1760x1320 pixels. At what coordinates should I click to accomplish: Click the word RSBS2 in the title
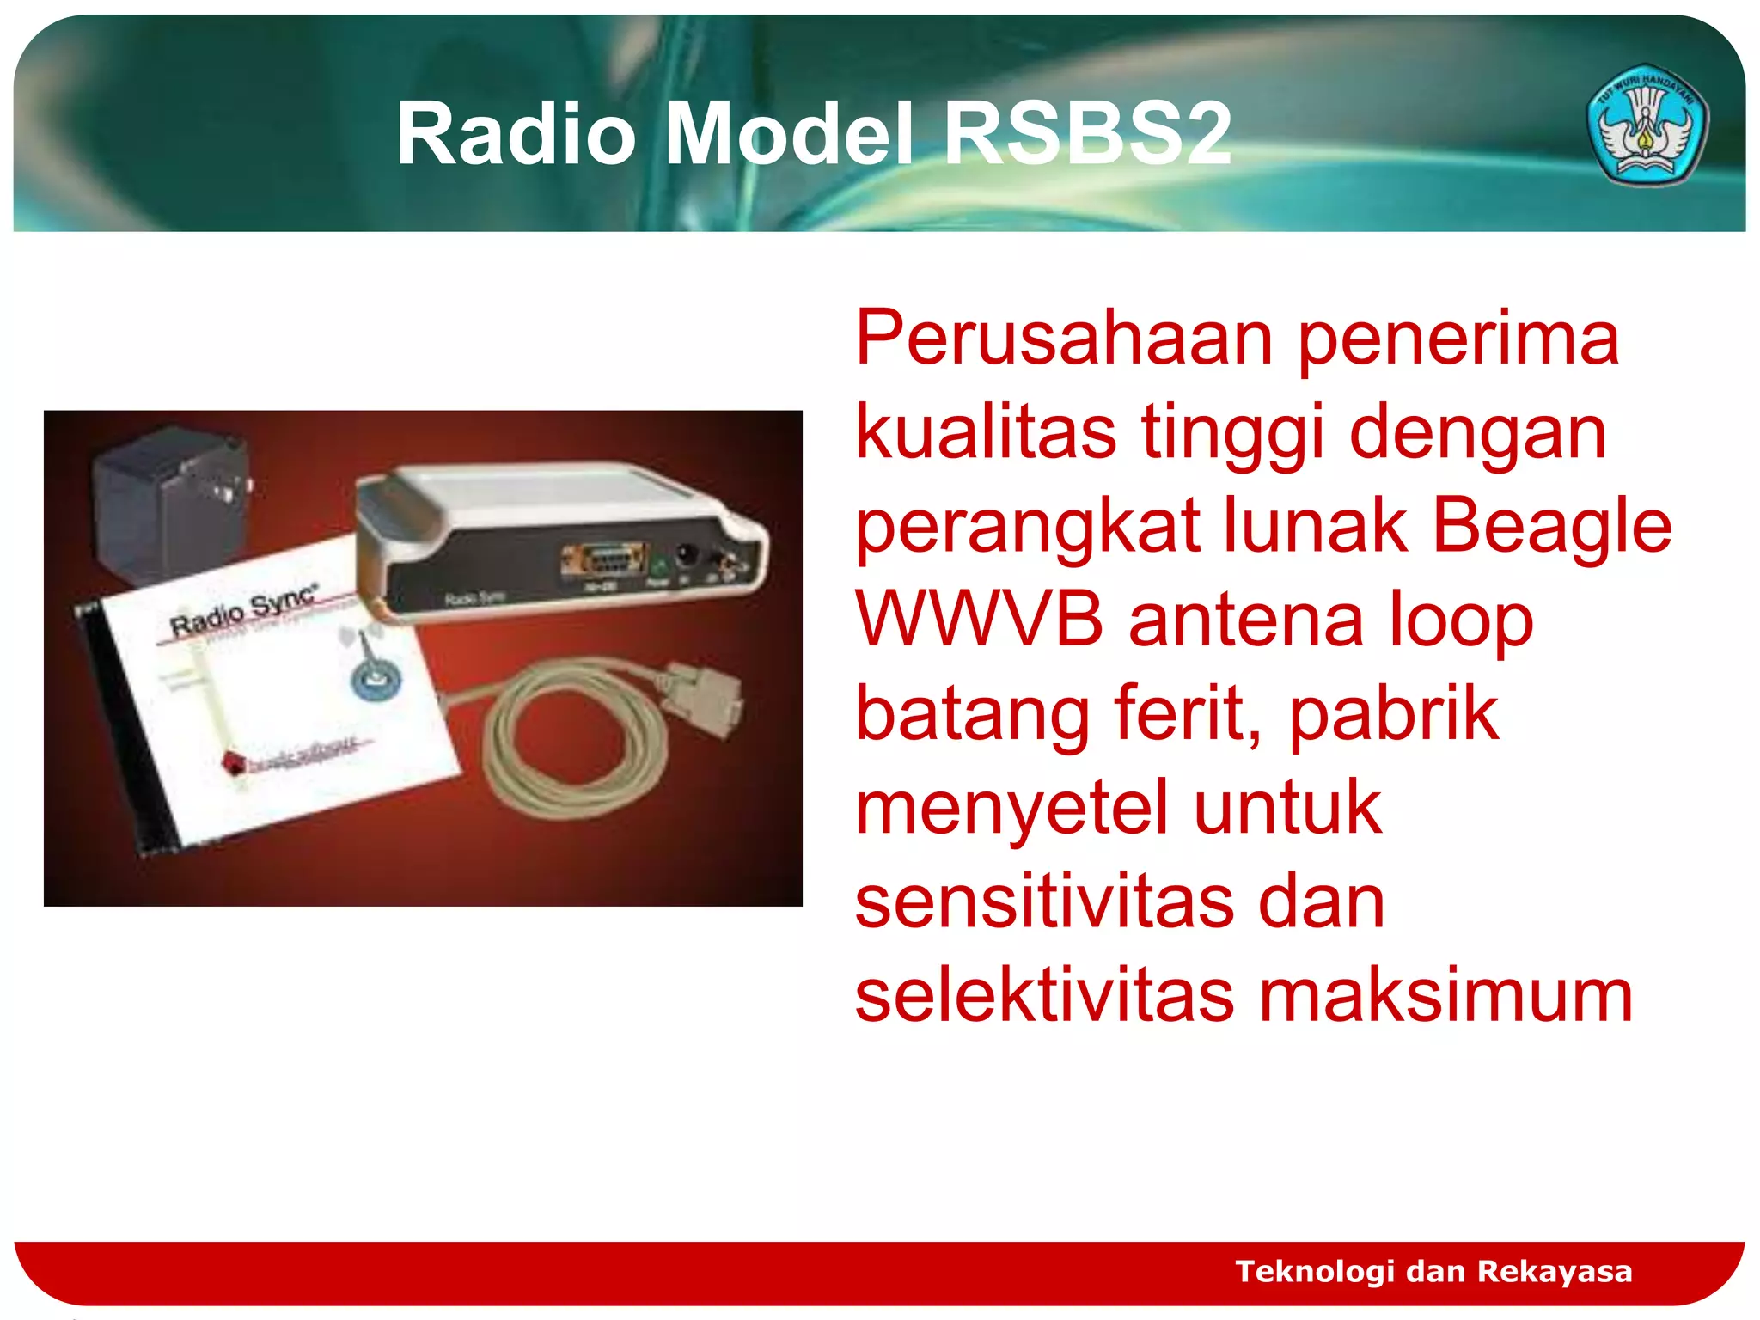(x=1087, y=134)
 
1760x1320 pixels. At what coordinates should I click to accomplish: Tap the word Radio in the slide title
(x=516, y=134)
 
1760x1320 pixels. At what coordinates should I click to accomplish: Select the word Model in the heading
(x=789, y=134)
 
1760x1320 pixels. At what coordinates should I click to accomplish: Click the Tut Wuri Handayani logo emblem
(x=1646, y=125)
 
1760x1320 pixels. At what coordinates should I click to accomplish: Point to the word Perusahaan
(x=1064, y=339)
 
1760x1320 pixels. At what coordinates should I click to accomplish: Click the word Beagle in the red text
(x=1552, y=526)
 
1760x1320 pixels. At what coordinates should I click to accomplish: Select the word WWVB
(x=979, y=620)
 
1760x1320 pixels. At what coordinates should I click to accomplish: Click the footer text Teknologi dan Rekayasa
(x=1433, y=1271)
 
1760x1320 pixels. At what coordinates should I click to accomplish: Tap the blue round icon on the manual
(x=376, y=679)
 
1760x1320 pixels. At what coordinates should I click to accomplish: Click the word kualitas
(x=986, y=432)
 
